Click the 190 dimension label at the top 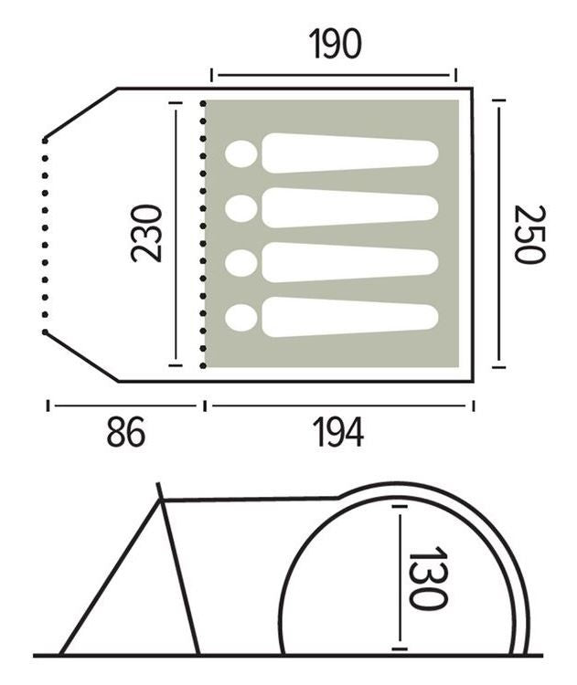(x=335, y=44)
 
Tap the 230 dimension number (x=147, y=234)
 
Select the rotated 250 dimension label (x=529, y=234)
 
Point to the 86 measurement (x=125, y=432)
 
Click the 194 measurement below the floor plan (x=338, y=432)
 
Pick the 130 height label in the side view (x=428, y=577)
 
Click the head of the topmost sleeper (x=241, y=154)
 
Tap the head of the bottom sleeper (x=241, y=318)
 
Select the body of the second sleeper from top (x=349, y=208)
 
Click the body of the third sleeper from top (x=349, y=262)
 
